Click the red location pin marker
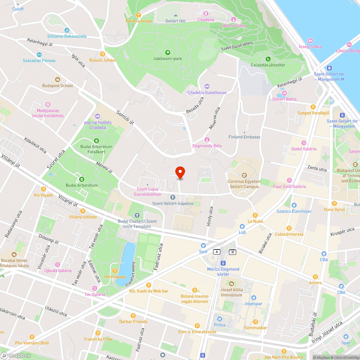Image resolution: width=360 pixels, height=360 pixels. [180, 172]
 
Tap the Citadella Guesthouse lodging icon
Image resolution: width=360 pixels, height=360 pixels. [207, 86]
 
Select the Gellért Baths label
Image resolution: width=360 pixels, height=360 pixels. [284, 99]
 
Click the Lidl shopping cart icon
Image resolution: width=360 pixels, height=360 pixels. [242, 226]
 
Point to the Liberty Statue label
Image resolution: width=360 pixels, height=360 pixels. [234, 26]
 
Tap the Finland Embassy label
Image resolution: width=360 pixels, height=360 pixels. [244, 137]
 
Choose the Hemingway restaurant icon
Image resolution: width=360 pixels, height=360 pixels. [115, 271]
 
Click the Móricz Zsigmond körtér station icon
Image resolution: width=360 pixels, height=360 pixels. [223, 263]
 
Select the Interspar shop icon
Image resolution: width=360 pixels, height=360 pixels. [254, 298]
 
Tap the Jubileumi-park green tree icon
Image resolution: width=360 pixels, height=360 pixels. [167, 53]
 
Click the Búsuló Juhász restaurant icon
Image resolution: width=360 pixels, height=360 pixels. [103, 54]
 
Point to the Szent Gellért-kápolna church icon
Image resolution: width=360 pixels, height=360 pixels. [172, 197]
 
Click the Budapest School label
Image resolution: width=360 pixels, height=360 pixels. [57, 86]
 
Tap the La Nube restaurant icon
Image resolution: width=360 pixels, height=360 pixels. [255, 215]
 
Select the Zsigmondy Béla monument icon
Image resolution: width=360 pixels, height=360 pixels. [207, 140]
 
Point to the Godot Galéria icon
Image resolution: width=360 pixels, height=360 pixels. [303, 143]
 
